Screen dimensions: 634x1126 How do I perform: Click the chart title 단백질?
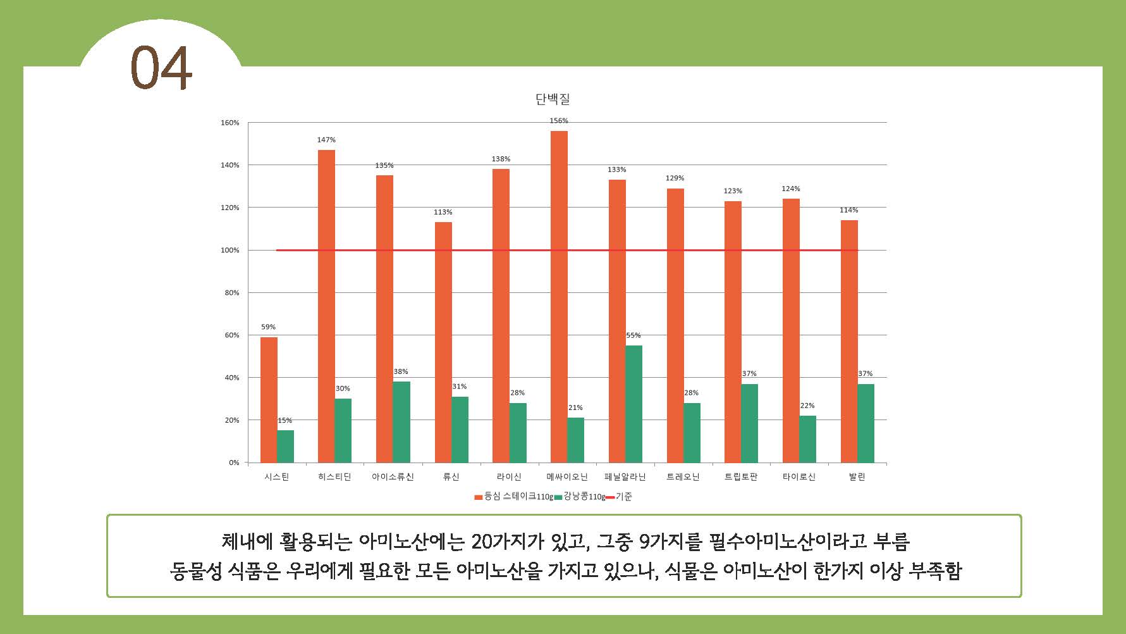[553, 99]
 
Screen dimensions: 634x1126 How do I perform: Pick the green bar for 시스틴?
[285, 446]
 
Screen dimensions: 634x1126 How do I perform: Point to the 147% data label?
[326, 140]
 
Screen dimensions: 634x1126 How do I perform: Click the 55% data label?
[633, 335]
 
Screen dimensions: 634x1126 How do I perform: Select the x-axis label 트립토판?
[740, 477]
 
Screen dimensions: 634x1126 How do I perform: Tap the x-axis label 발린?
[857, 477]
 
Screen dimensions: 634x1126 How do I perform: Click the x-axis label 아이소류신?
[392, 477]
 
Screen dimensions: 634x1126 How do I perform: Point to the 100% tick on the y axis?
[229, 251]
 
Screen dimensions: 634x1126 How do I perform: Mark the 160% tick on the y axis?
[229, 123]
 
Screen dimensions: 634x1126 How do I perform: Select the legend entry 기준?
[623, 497]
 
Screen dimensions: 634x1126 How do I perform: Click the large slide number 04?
[161, 68]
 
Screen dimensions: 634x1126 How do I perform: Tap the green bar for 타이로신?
[807, 438]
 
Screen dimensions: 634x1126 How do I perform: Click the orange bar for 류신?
[443, 342]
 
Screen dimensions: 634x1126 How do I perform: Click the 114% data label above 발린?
[848, 210]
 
